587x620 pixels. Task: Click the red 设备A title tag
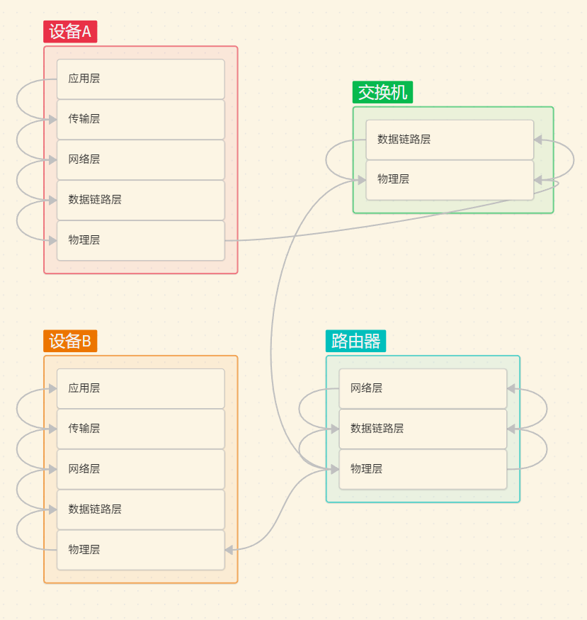tap(70, 32)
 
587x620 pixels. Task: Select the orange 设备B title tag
tap(70, 341)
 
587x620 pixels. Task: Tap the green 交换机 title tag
tap(382, 92)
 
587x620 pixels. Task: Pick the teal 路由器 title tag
tap(355, 341)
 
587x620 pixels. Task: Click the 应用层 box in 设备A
tap(140, 79)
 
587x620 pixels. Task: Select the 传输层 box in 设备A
tap(140, 119)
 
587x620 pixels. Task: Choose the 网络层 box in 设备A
tap(140, 159)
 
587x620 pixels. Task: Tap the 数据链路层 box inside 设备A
tap(140, 200)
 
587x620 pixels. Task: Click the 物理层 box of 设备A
tap(140, 240)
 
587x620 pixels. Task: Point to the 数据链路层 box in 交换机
tap(450, 140)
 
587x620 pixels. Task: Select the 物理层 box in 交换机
tap(450, 180)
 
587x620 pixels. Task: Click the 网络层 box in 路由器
tap(423, 388)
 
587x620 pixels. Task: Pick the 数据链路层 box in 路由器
tap(423, 429)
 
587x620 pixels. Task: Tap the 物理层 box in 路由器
tap(423, 469)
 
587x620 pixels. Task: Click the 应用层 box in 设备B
tap(140, 388)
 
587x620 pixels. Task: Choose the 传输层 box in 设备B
tap(140, 429)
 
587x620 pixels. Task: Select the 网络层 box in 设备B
tap(140, 469)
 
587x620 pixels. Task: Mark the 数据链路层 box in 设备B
tap(140, 509)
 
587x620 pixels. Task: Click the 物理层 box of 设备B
tap(140, 550)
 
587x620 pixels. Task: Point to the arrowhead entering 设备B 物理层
tap(229, 549)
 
